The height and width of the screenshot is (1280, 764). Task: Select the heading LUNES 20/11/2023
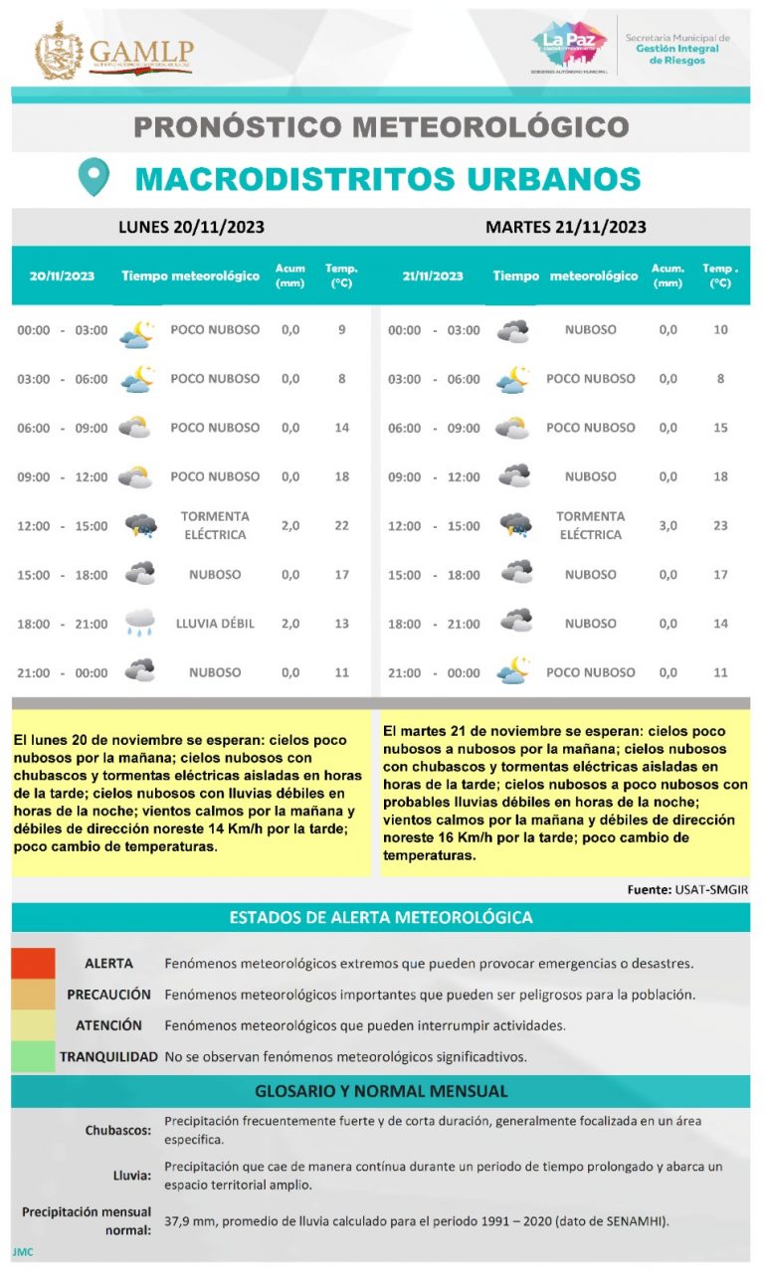tap(191, 227)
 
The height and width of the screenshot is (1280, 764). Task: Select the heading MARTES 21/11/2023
tap(565, 227)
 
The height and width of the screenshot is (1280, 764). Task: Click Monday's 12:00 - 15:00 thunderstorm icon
tap(140, 525)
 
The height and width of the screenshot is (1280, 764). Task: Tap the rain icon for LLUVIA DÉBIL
tap(140, 624)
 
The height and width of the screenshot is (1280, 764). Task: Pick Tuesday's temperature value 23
tap(720, 525)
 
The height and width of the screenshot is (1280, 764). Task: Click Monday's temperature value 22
tap(342, 525)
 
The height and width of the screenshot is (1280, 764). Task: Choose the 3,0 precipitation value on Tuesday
tap(668, 525)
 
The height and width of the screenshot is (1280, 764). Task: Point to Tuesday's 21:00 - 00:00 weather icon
tap(514, 671)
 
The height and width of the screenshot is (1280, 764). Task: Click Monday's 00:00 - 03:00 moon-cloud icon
tap(137, 331)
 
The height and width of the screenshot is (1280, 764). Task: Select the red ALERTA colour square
tap(33, 964)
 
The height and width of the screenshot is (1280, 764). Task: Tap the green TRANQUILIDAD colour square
tap(33, 1056)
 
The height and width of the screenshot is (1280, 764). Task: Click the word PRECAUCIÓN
tap(108, 995)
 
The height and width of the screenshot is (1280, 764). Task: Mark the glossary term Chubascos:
tap(117, 1130)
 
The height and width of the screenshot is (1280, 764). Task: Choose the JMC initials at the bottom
tap(23, 1251)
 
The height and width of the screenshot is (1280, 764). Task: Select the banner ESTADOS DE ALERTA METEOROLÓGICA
tap(381, 917)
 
